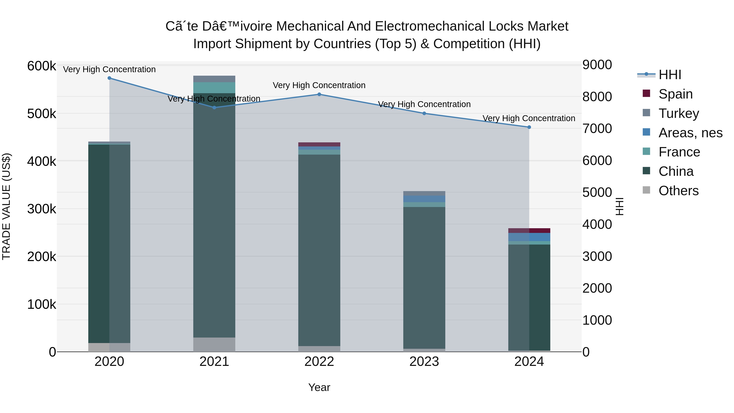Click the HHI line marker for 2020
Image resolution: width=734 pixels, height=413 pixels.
point(109,78)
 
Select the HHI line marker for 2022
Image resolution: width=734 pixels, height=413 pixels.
point(319,94)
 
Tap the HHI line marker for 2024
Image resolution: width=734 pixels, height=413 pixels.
point(529,127)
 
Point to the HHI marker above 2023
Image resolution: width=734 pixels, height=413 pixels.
point(424,113)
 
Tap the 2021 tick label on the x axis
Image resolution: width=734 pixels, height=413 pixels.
point(214,362)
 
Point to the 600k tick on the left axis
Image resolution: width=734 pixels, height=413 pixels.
point(42,66)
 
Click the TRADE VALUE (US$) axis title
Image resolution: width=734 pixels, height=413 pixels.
point(6,206)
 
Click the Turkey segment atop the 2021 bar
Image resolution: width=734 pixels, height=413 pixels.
point(214,79)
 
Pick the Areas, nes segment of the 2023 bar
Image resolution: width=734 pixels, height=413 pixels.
point(424,199)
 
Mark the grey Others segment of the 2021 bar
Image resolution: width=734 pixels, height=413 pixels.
point(214,345)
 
